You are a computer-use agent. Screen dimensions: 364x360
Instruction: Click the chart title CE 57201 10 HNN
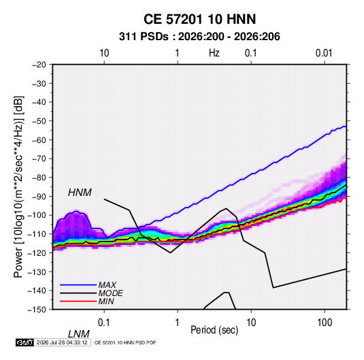(x=199, y=19)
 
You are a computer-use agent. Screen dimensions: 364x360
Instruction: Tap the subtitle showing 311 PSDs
(x=199, y=37)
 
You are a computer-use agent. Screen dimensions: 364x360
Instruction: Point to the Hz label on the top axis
(x=214, y=53)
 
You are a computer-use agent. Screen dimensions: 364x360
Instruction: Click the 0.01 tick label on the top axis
(x=324, y=53)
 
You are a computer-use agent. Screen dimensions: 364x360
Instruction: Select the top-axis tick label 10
(x=104, y=53)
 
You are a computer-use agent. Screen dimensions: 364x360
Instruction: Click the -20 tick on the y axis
(x=39, y=65)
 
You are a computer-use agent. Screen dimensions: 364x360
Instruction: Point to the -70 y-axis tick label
(x=39, y=159)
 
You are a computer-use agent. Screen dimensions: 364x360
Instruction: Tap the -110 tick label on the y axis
(x=37, y=234)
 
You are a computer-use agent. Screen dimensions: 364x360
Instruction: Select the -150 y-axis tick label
(x=37, y=310)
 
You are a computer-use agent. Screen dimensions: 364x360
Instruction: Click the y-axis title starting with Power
(x=18, y=186)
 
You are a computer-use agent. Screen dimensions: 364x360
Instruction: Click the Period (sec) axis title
(x=214, y=330)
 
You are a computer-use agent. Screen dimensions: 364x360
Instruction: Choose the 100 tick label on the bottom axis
(x=325, y=323)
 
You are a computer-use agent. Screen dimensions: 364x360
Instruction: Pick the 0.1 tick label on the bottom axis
(x=104, y=323)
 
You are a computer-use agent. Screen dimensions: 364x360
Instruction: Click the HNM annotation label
(x=80, y=193)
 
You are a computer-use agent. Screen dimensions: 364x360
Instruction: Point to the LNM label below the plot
(x=79, y=334)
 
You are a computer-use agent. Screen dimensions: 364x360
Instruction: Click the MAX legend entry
(x=107, y=284)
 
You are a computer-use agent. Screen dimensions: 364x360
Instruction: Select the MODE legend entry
(x=110, y=293)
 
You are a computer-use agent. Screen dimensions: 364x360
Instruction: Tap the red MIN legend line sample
(x=78, y=301)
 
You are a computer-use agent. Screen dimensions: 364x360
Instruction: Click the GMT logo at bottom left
(x=24, y=342)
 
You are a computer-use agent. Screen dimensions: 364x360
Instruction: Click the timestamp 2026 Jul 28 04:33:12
(x=62, y=342)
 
